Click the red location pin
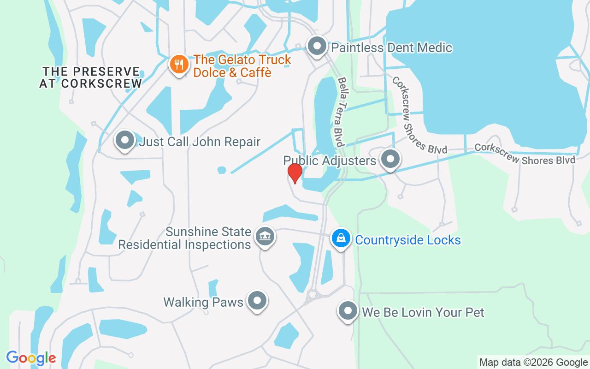pos(295,173)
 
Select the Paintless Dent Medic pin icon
pos(317,47)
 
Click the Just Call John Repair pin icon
pos(124,140)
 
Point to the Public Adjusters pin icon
pos(390,159)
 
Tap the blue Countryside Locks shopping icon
pos(341,238)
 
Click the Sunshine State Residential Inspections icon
pos(265,237)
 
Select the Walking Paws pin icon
pos(257,301)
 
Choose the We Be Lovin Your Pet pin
pos(348,311)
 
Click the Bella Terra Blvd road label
pos(342,112)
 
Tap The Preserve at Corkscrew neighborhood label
pos(91,77)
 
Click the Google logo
pos(31,358)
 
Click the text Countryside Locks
pos(408,240)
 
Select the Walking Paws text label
pos(203,302)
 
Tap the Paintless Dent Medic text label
pos(392,48)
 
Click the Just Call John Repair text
pos(200,142)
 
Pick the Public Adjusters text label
pos(330,161)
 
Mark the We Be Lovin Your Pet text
pos(423,312)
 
